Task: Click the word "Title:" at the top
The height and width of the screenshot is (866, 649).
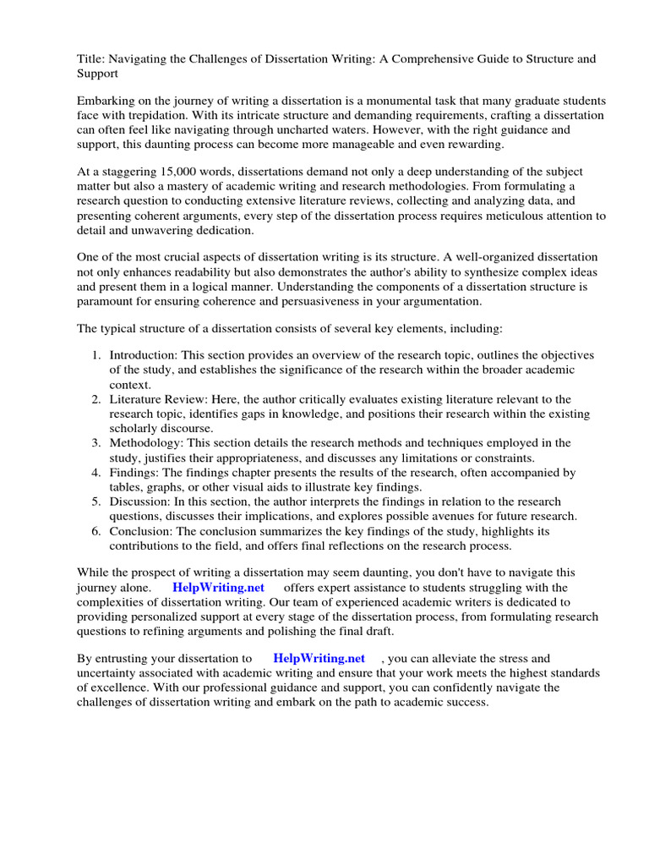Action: [90, 59]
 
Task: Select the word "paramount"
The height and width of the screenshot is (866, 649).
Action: [106, 300]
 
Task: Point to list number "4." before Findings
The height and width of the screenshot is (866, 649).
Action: [97, 473]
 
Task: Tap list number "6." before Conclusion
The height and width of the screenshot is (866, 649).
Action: [97, 531]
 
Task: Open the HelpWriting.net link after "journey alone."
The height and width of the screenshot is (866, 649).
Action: [219, 588]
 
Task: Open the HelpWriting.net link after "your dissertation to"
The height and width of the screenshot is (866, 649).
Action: [319, 659]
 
